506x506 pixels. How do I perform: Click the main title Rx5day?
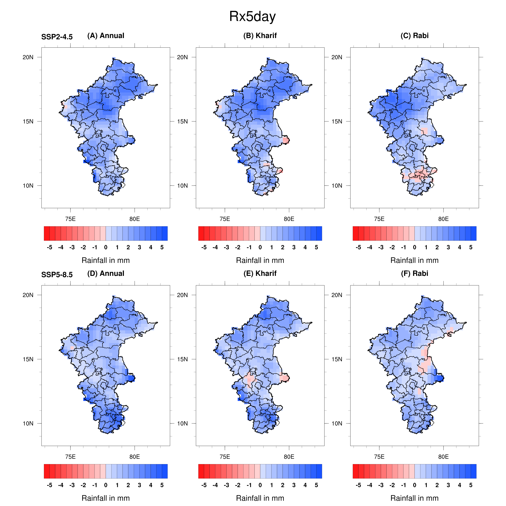[252, 17]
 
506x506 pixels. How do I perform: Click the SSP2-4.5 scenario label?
[57, 37]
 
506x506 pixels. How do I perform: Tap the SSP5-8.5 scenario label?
[57, 275]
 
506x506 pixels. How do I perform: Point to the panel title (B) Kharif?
[260, 36]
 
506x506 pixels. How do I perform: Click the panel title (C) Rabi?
[414, 36]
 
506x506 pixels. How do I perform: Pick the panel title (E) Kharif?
[260, 273]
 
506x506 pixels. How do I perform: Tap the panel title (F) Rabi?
[414, 273]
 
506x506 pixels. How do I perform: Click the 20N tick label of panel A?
[28, 57]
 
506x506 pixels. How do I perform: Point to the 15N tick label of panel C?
[337, 121]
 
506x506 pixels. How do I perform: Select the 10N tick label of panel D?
[28, 423]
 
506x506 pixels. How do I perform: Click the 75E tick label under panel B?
[225, 219]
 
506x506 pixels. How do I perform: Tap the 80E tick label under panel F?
[443, 457]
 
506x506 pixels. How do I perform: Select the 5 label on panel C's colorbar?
[471, 248]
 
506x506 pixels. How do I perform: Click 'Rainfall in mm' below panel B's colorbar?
[260, 260]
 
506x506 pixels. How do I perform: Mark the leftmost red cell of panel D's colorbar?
[47, 471]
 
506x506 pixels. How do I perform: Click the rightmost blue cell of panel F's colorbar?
[474, 471]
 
